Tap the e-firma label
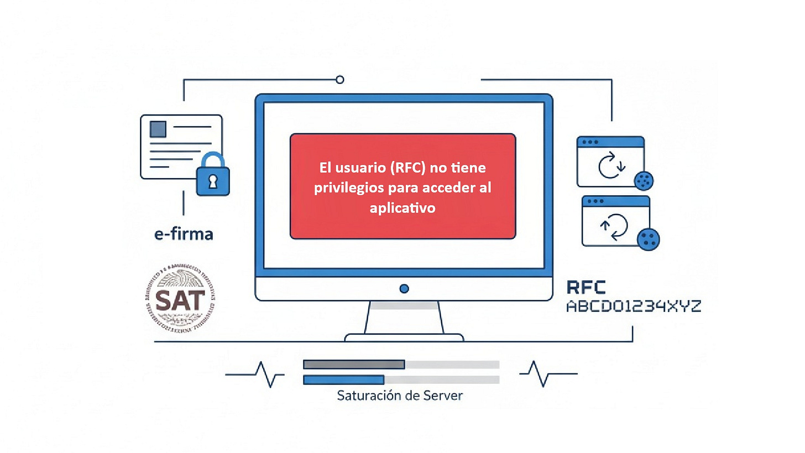pos(184,235)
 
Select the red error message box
pos(402,186)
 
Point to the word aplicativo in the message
pos(402,208)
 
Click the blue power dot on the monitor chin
pos(404,289)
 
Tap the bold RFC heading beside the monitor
pos(586,287)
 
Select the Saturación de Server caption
pos(400,396)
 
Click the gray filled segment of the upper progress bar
pos(354,365)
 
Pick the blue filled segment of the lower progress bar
pos(343,380)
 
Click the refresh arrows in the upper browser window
pos(611,165)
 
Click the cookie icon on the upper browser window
pos(645,179)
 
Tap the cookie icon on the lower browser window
pos(649,239)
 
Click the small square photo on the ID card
pos(158,129)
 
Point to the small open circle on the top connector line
pos(340,80)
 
